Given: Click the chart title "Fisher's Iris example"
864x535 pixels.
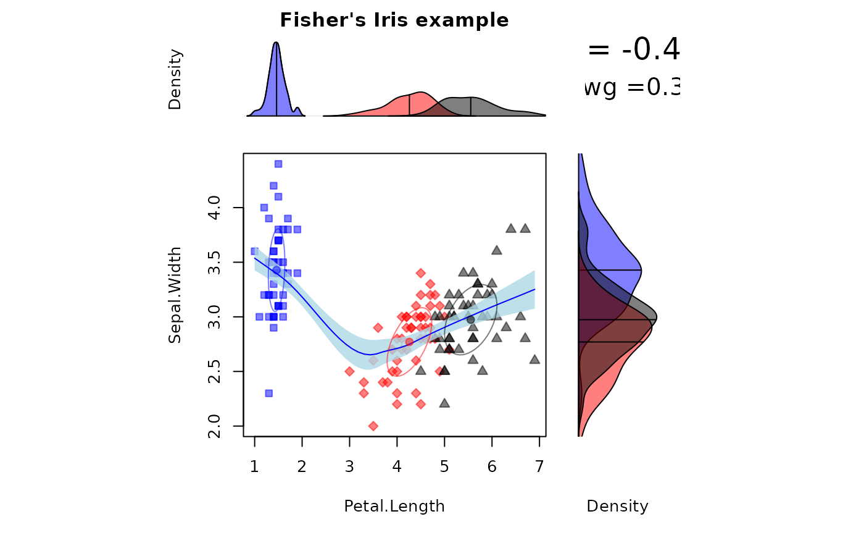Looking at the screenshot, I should coord(394,20).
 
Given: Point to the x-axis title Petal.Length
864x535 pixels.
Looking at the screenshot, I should coord(394,506).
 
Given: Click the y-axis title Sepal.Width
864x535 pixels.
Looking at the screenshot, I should coord(175,295).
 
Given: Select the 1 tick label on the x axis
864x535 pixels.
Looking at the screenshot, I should coord(255,466).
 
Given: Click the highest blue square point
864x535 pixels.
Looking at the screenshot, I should coord(278,164).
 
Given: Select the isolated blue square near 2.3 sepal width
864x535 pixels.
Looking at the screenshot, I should coord(268,393).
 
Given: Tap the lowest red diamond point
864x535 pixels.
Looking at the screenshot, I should coord(373,426).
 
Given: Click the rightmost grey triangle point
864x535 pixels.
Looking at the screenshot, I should coord(534,359).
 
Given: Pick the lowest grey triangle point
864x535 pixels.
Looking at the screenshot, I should coord(444,403).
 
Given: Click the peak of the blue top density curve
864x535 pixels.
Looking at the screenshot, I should coord(276,43).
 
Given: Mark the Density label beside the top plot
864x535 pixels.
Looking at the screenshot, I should coord(175,80).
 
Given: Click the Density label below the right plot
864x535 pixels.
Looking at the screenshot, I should coord(617,506).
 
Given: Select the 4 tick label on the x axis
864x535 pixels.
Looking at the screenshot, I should coord(397,466).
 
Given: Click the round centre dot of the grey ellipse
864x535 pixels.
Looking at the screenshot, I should coord(471,319).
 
